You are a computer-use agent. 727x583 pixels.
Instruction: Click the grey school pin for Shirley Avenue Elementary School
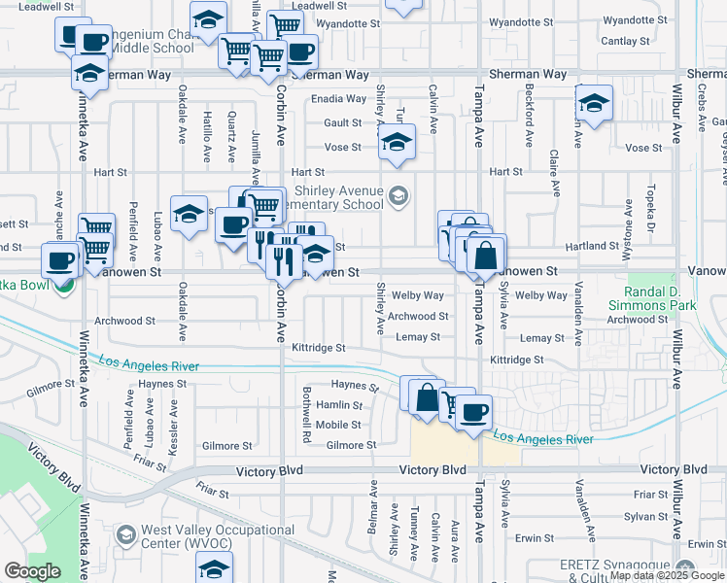[x=397, y=197]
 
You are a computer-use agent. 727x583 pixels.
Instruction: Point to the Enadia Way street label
[x=338, y=99]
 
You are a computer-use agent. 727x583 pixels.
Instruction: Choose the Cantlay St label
[x=625, y=41]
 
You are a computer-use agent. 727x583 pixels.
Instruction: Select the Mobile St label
[x=338, y=425]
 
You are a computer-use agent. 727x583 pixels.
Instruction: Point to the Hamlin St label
[x=339, y=405]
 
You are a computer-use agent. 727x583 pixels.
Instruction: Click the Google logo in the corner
[x=32, y=571]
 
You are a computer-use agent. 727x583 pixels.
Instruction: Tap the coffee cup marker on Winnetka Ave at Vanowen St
[x=60, y=262]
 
